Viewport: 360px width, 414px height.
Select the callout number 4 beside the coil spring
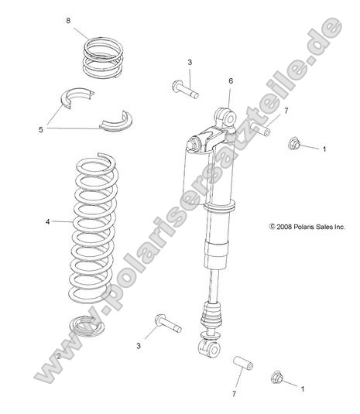coord(47,221)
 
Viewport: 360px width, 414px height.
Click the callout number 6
coord(230,80)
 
